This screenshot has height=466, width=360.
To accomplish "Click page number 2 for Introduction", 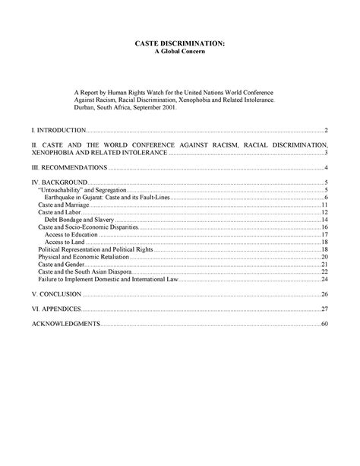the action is pos(325,131).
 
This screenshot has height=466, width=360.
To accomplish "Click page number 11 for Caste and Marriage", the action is pos(324,204).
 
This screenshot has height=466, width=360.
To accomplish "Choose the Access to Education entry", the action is pos(74,234).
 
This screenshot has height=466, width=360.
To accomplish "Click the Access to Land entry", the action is pos(67,242).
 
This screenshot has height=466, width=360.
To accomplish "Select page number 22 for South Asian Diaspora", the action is pos(324,271).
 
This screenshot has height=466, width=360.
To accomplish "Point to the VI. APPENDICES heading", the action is pos(55,309).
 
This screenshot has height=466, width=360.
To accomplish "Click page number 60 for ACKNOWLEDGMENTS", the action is pos(324,325).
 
